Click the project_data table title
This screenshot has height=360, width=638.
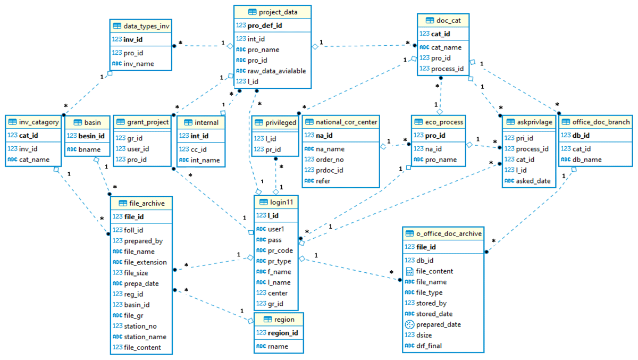278,12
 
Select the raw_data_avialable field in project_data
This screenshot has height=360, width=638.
276,71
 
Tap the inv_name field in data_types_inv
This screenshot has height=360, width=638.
139,63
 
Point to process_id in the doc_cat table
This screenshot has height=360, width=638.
447,69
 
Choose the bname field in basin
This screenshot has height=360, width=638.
89,149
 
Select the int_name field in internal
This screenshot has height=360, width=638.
205,160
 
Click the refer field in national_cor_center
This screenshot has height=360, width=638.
323,181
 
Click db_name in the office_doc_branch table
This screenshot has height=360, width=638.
587,160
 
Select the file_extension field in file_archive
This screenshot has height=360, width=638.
145,262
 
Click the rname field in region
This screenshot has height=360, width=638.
278,346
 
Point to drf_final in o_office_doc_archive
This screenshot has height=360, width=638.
429,346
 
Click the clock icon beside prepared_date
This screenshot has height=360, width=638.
409,324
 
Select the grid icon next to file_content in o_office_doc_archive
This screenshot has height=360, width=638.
409,271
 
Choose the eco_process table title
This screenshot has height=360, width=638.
444,122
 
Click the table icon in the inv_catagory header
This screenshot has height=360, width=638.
13,122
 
